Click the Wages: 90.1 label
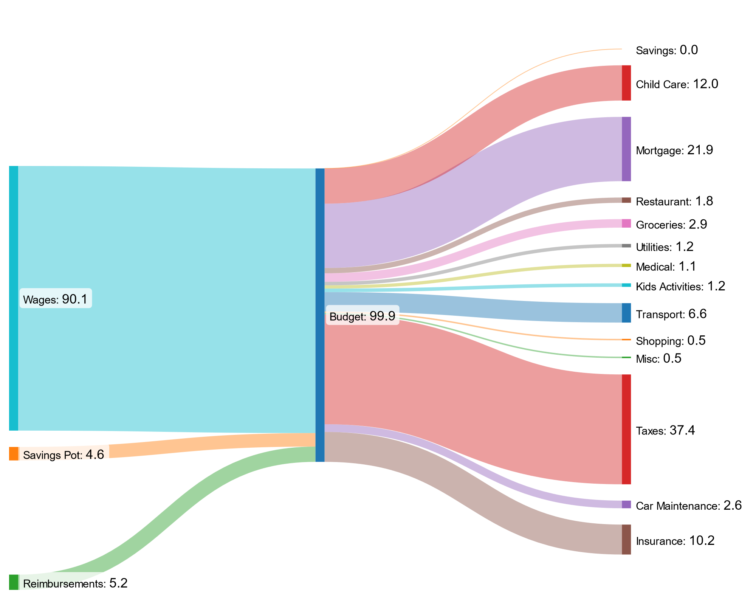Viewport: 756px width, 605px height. tap(55, 299)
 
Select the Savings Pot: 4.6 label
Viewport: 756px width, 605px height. tap(64, 455)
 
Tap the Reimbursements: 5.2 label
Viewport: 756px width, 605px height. tap(75, 584)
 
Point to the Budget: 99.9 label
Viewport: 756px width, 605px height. tap(362, 316)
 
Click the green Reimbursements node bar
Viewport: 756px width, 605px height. tap(14, 582)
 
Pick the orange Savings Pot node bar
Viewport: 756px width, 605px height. tap(14, 453)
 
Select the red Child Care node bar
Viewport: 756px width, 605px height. tap(626, 83)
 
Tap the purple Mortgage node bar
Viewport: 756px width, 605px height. tap(626, 149)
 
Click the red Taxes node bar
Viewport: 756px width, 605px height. tap(626, 429)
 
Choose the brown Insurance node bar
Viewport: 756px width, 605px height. tap(626, 540)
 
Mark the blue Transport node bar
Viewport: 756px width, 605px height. tap(626, 313)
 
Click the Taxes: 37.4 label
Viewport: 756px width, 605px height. tap(665, 431)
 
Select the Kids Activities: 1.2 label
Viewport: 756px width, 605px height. tap(680, 286)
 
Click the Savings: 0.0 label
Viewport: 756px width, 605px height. tap(667, 50)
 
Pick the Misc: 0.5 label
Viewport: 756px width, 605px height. tap(658, 358)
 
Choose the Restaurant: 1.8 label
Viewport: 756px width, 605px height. tap(674, 201)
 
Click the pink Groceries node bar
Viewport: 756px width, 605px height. tap(626, 223)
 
